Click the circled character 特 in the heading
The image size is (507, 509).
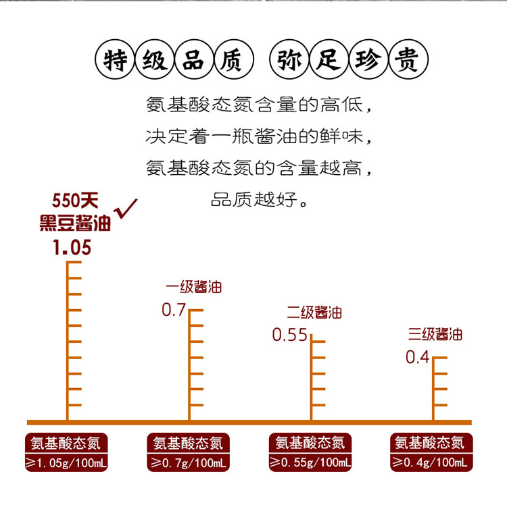(x=114, y=61)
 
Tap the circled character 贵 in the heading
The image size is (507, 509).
(x=408, y=61)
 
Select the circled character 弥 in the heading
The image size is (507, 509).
(x=290, y=61)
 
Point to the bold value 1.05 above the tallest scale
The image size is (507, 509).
(x=72, y=248)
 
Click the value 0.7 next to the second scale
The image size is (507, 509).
(x=173, y=310)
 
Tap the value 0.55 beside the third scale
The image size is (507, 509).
(x=289, y=335)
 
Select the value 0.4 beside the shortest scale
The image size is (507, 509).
(x=417, y=357)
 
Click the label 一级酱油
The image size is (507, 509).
(x=193, y=287)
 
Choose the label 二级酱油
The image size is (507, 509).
(x=314, y=312)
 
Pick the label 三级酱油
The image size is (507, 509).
(x=435, y=334)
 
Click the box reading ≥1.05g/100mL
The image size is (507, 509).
(x=66, y=463)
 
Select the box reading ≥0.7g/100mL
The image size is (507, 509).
(x=187, y=463)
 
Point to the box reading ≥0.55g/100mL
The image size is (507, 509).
(x=309, y=463)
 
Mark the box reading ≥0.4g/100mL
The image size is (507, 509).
(x=430, y=463)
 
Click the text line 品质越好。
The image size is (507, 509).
(x=260, y=201)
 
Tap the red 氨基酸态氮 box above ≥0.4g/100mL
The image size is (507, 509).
(x=430, y=444)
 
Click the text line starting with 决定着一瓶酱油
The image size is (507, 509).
(x=260, y=136)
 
